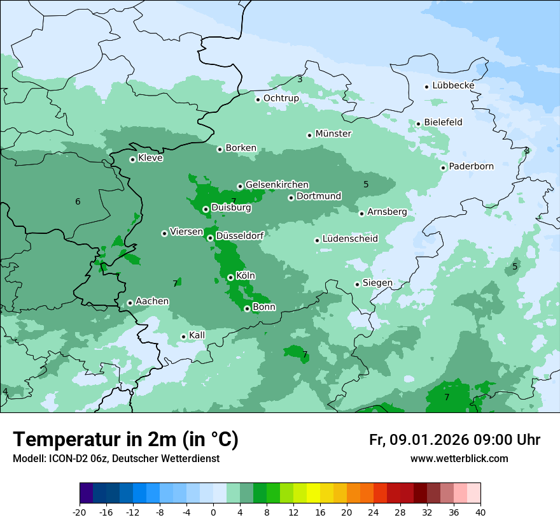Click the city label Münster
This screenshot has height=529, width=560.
333,134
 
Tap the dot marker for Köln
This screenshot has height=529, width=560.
230,277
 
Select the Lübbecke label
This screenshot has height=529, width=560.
453,85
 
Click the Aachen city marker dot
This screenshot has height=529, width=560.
130,303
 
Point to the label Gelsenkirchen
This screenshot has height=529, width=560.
277,185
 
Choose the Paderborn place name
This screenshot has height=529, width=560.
471,167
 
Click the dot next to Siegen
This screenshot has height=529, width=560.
358,284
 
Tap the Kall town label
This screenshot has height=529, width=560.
197,335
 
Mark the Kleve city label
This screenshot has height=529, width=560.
150,158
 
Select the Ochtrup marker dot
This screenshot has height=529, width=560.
258,99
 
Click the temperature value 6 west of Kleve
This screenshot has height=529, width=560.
78,202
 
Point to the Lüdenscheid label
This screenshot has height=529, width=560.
350,239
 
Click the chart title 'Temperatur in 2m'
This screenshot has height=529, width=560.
125,440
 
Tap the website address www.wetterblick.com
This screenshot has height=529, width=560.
459,459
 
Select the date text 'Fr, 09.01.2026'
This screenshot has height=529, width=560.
419,440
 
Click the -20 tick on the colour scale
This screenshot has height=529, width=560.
80,512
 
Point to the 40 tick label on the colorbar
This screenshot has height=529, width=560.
480,512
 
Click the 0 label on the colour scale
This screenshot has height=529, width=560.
213,512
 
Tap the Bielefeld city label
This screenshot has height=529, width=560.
443,122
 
